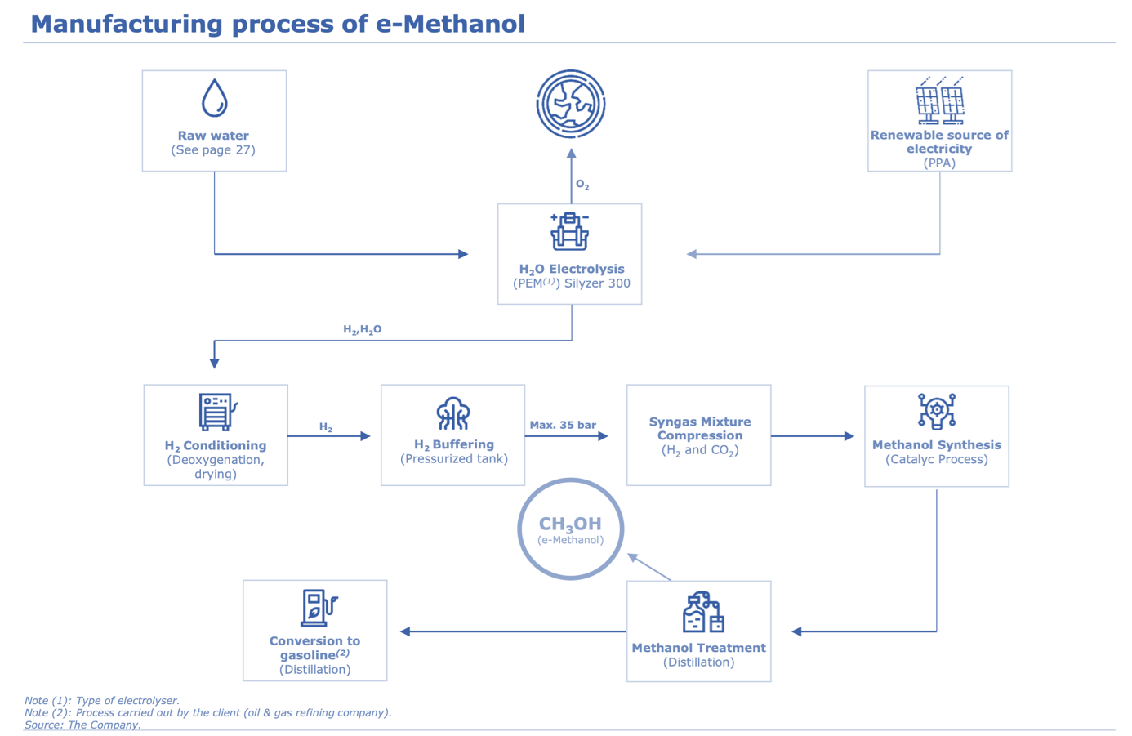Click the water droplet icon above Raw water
(x=214, y=98)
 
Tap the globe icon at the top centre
(x=571, y=105)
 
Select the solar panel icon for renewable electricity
(x=939, y=101)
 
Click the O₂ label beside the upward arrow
(x=582, y=185)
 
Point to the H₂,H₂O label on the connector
(x=362, y=330)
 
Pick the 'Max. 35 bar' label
(x=563, y=425)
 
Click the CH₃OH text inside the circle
(x=570, y=524)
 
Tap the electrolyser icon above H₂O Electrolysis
(x=569, y=232)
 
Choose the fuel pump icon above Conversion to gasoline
(x=318, y=608)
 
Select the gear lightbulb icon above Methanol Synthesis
(x=936, y=411)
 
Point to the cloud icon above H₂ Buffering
(x=452, y=413)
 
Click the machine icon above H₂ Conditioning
(x=216, y=411)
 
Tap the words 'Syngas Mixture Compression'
(x=699, y=429)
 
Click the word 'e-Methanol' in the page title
(x=450, y=24)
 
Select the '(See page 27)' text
(x=213, y=150)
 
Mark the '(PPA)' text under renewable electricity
(x=939, y=163)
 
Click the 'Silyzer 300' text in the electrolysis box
(x=597, y=283)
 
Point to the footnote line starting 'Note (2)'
(x=207, y=712)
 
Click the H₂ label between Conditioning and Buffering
(x=326, y=427)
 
